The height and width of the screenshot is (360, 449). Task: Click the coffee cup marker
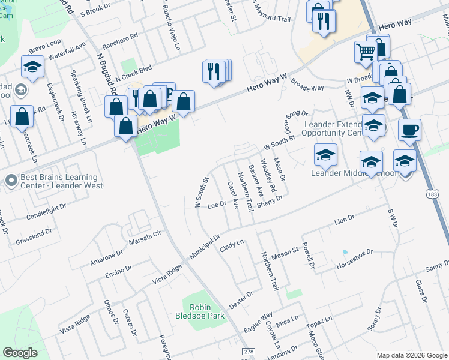[x=409, y=130]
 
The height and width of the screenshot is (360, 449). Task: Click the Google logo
[x=20, y=353]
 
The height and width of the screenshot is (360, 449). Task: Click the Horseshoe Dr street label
[x=355, y=259]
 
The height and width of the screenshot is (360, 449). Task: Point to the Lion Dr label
[x=345, y=221]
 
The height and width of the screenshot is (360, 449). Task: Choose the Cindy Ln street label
[x=233, y=245]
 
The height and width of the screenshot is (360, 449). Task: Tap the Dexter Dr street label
[x=241, y=298]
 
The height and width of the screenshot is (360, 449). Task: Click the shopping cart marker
[x=365, y=53]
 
